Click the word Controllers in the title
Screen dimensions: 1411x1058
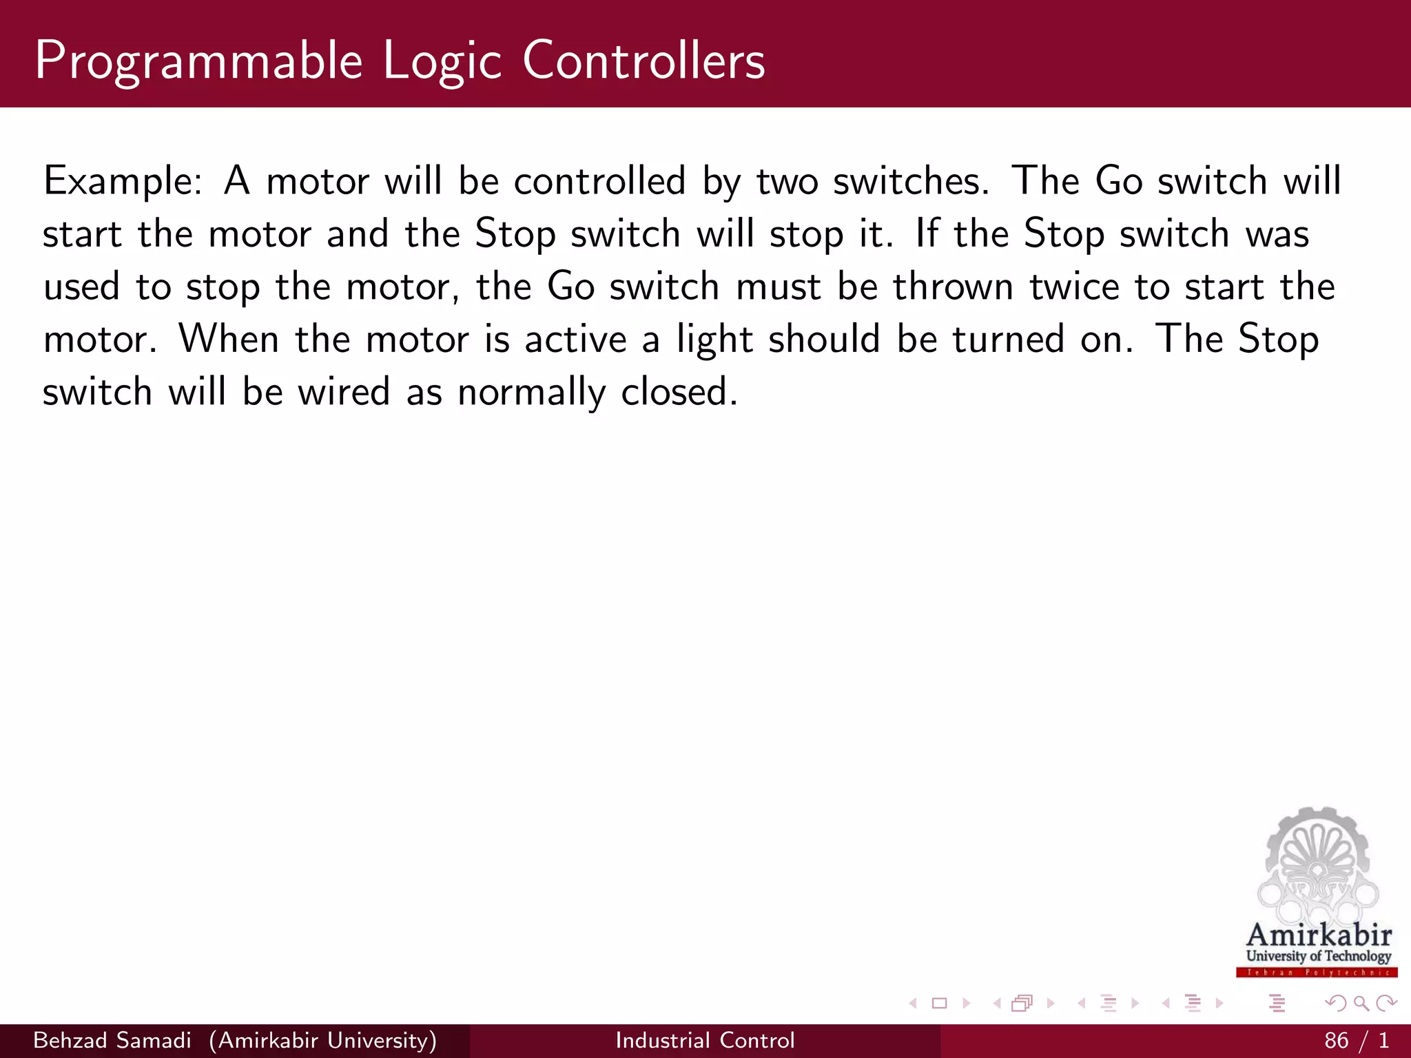[643, 61]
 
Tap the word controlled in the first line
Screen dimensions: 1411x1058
[599, 181]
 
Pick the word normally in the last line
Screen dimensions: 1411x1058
[531, 393]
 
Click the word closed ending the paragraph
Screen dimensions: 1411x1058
[678, 392]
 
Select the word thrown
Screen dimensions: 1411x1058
[952, 287]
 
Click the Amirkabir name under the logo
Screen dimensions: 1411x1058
[1319, 935]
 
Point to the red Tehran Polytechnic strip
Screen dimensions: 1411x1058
[1317, 973]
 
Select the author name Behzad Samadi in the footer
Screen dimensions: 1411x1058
[112, 1040]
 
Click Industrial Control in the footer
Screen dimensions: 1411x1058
[705, 1040]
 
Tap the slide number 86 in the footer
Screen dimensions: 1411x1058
[1336, 1040]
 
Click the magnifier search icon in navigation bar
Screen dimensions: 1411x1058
[1361, 1004]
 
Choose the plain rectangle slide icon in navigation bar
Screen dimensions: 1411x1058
[939, 1004]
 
